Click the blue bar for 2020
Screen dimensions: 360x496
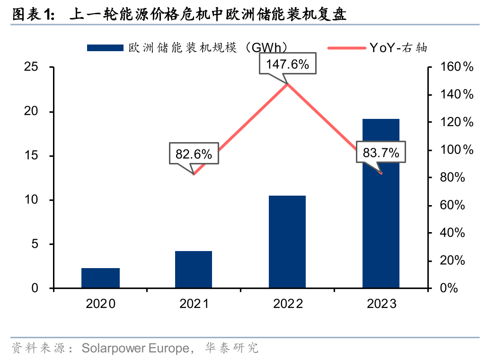[x=100, y=278]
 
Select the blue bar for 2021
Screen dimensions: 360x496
[x=194, y=270]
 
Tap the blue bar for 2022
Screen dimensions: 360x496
[x=287, y=242]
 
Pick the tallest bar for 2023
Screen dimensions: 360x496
[x=381, y=204]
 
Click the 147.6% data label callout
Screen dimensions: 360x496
[x=288, y=64]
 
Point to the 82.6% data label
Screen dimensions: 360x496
[x=194, y=154]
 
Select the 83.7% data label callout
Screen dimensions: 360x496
[x=381, y=153]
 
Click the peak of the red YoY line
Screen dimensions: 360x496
[x=288, y=84]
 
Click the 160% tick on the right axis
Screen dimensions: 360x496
[x=454, y=67]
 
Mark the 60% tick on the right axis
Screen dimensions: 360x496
[x=454, y=205]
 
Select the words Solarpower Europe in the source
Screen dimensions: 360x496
[x=135, y=348]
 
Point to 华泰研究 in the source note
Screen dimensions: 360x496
[x=231, y=348]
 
